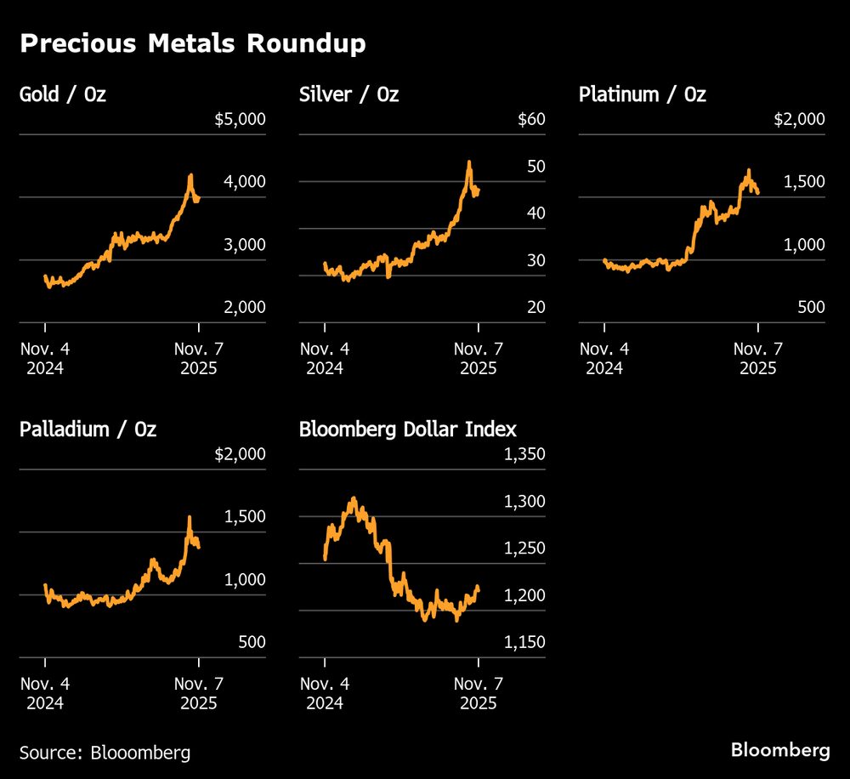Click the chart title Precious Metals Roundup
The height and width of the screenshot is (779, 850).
[192, 44]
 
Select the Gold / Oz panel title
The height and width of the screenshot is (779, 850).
[62, 94]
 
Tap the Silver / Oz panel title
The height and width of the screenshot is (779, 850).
[348, 94]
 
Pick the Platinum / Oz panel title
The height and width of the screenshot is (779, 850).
[642, 94]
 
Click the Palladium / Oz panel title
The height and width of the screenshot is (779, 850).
[88, 429]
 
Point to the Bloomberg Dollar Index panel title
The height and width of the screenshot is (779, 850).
[407, 429]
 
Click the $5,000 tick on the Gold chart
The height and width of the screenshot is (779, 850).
[240, 119]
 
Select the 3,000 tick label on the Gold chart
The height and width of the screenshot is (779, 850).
[245, 245]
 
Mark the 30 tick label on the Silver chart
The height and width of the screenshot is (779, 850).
[535, 261]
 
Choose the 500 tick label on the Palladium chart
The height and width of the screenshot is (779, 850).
[251, 642]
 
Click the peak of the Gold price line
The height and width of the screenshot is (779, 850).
[190, 175]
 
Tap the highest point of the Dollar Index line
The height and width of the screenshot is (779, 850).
[353, 498]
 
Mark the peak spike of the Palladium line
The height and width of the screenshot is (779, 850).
[189, 517]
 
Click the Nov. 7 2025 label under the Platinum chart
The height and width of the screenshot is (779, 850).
[757, 359]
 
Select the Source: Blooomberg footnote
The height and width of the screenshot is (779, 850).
[105, 753]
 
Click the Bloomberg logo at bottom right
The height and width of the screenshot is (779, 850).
[780, 750]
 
